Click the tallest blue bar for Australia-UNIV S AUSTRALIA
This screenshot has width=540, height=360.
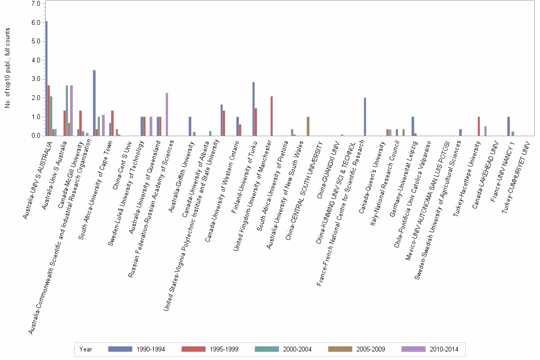click(x=47, y=79)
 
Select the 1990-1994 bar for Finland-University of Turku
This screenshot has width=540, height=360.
click(x=253, y=109)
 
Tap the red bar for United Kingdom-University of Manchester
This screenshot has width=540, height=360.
click(x=271, y=116)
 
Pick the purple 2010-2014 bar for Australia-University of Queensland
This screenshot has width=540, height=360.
click(x=167, y=114)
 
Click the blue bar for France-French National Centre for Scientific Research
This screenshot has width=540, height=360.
click(x=365, y=117)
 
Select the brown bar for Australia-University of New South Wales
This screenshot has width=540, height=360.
click(x=308, y=126)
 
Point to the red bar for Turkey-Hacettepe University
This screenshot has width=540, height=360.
click(x=478, y=126)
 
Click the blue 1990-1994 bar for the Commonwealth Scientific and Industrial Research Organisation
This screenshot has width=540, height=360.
click(x=94, y=103)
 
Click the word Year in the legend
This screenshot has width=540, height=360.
click(x=86, y=349)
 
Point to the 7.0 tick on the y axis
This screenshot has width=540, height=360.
click(x=37, y=3)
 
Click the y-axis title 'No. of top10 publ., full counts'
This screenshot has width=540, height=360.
click(x=8, y=68)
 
